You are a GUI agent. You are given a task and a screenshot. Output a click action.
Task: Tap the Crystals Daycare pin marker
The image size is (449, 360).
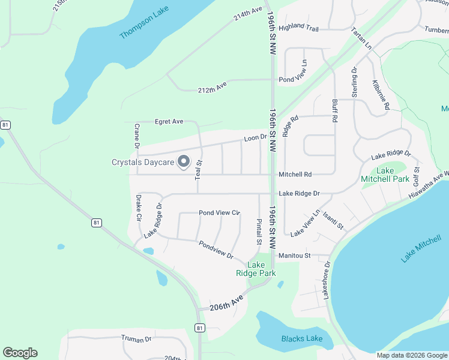click(184, 162)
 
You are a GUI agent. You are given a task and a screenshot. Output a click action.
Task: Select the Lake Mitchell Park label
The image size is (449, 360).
click(385, 175)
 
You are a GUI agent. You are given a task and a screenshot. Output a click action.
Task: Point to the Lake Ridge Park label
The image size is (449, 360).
click(256, 269)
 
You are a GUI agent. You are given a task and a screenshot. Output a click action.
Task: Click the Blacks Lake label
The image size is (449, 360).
click(302, 339)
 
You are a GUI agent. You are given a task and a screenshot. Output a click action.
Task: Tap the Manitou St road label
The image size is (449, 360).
click(294, 256)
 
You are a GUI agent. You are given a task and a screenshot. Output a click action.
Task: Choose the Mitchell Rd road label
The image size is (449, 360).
click(295, 175)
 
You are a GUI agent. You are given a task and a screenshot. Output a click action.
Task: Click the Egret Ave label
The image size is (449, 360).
click(169, 121)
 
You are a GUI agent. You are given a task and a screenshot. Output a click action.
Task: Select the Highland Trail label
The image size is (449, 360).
click(299, 27)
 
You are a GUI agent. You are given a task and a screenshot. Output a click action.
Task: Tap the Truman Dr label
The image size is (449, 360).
click(136, 339)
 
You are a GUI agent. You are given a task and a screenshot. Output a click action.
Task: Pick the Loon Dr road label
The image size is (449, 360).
click(255, 138)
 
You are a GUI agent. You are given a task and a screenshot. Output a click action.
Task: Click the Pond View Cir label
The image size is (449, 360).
click(219, 212)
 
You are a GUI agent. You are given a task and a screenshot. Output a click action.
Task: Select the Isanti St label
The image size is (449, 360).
click(333, 221)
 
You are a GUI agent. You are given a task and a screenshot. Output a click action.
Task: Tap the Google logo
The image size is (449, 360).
click(20, 353)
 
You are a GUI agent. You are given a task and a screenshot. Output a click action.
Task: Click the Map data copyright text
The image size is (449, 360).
click(411, 355)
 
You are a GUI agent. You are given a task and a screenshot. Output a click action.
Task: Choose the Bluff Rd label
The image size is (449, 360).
click(334, 111)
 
